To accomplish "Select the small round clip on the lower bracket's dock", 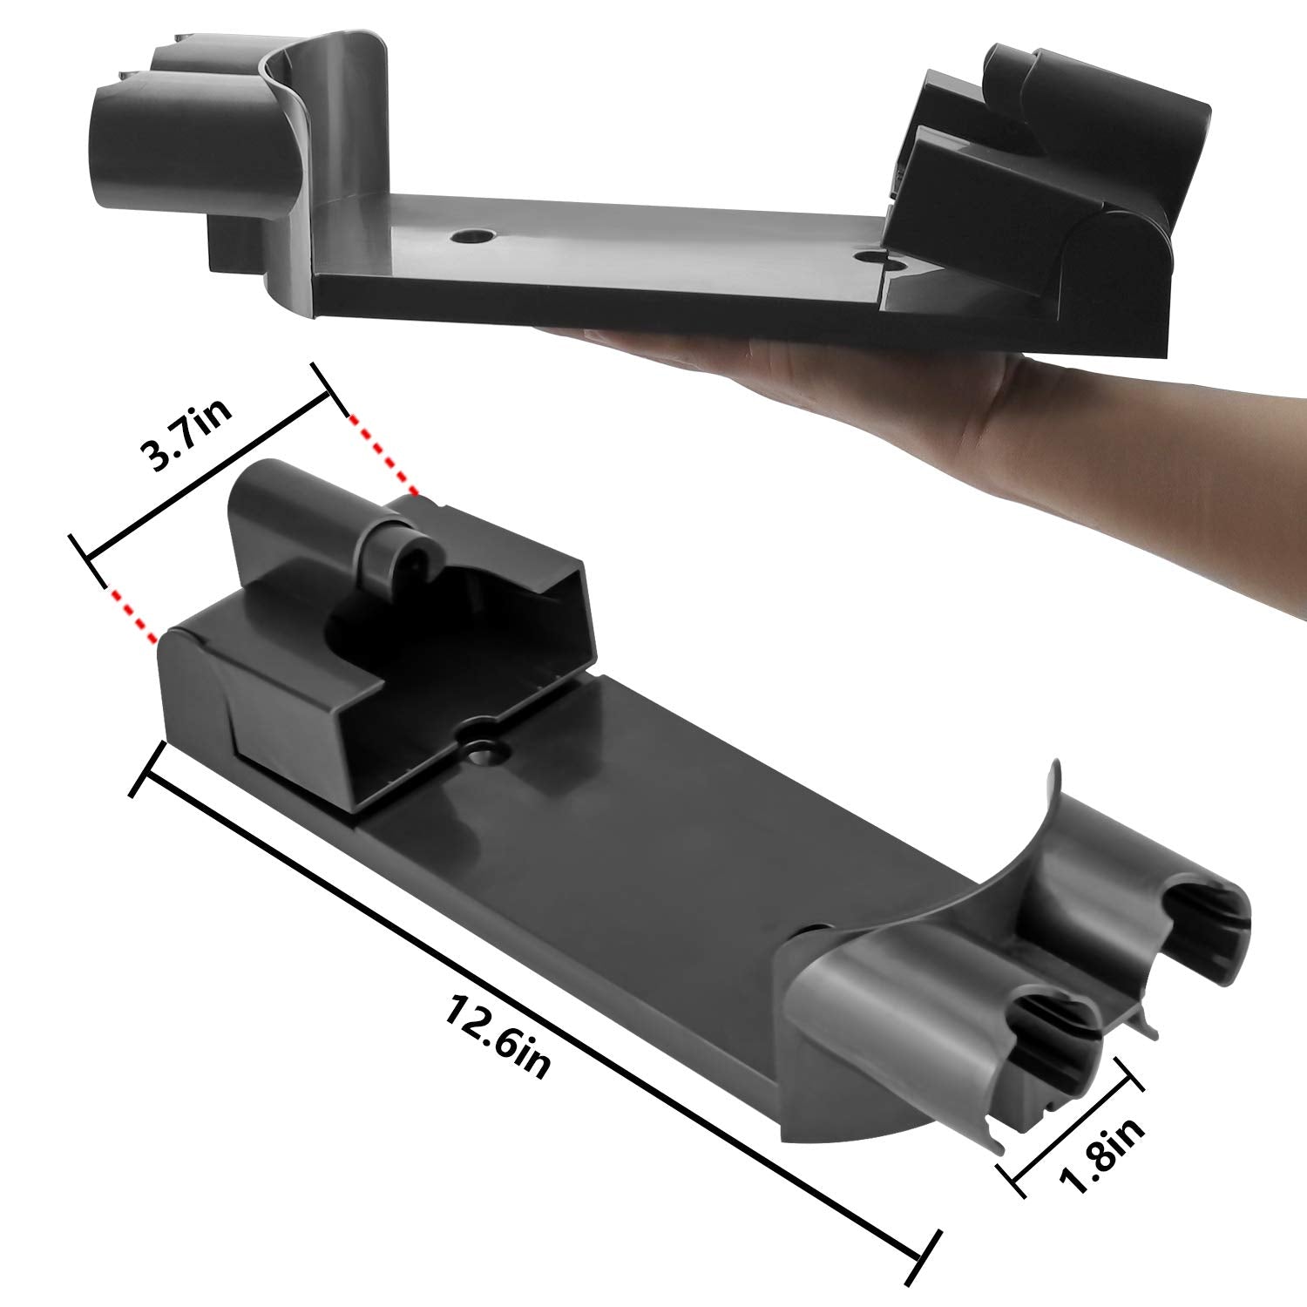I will (405, 558).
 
